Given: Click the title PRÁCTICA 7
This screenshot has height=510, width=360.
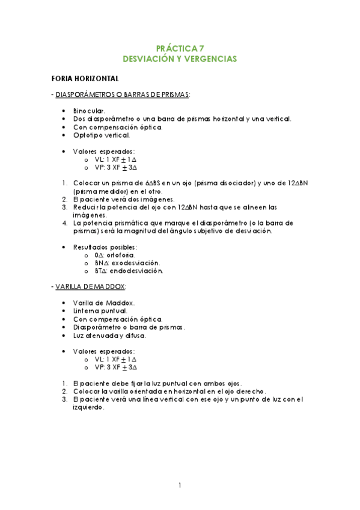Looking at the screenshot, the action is [180, 48].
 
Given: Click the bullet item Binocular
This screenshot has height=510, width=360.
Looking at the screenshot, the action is [89, 111].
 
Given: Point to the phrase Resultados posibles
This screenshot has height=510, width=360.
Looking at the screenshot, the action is [105, 247].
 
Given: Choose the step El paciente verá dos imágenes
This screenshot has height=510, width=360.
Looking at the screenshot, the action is [124, 199].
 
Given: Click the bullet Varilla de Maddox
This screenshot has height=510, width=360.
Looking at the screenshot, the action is [103, 303].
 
